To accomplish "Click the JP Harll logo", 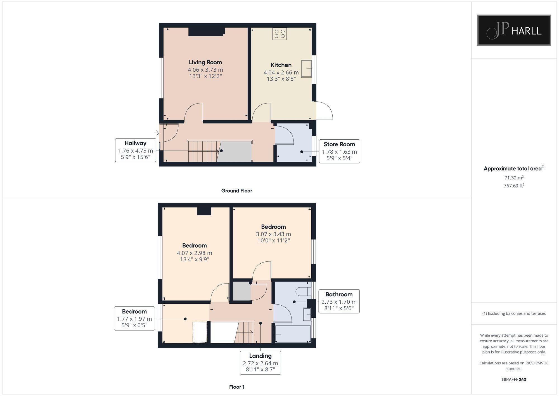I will [x=514, y=30].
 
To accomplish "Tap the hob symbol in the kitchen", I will [x=279, y=34].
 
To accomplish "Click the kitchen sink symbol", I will [x=306, y=68].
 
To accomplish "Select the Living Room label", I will [x=205, y=62].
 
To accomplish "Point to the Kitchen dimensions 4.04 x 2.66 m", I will [x=281, y=72].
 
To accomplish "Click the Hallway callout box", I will [x=136, y=150].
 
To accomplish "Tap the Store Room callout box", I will [x=339, y=151].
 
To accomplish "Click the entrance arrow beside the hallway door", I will [x=157, y=133].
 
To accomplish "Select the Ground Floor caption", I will [x=236, y=191].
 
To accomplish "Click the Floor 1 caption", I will [x=237, y=387].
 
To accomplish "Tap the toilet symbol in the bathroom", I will [x=304, y=292].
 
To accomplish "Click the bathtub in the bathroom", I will [x=293, y=334].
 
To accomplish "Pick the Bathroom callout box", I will [x=339, y=301].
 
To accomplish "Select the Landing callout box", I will [x=260, y=363].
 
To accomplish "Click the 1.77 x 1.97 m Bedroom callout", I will [x=134, y=318].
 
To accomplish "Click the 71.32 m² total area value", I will [x=514, y=178].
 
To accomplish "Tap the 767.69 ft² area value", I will [x=514, y=186].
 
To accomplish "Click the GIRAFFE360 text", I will [x=514, y=379].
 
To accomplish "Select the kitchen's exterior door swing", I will [x=324, y=111].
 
